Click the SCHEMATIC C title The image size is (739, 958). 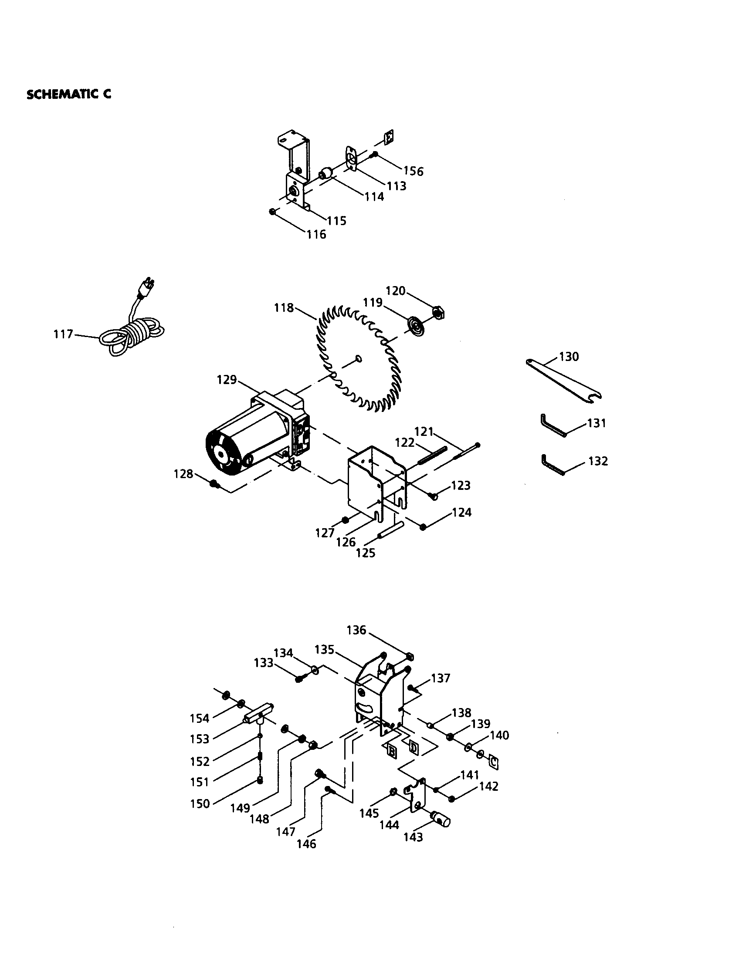point(69,94)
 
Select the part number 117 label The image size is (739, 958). point(63,334)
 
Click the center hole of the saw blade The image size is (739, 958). point(359,359)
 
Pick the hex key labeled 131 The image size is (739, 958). point(552,425)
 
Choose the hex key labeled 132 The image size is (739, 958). point(552,464)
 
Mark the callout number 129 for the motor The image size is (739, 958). point(227,379)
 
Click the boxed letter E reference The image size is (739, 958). point(388,138)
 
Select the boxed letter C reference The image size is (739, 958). point(493,762)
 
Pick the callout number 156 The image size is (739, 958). point(414,171)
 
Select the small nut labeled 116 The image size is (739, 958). point(272,212)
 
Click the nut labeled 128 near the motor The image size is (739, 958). point(214,484)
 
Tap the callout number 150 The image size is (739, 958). point(200,803)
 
